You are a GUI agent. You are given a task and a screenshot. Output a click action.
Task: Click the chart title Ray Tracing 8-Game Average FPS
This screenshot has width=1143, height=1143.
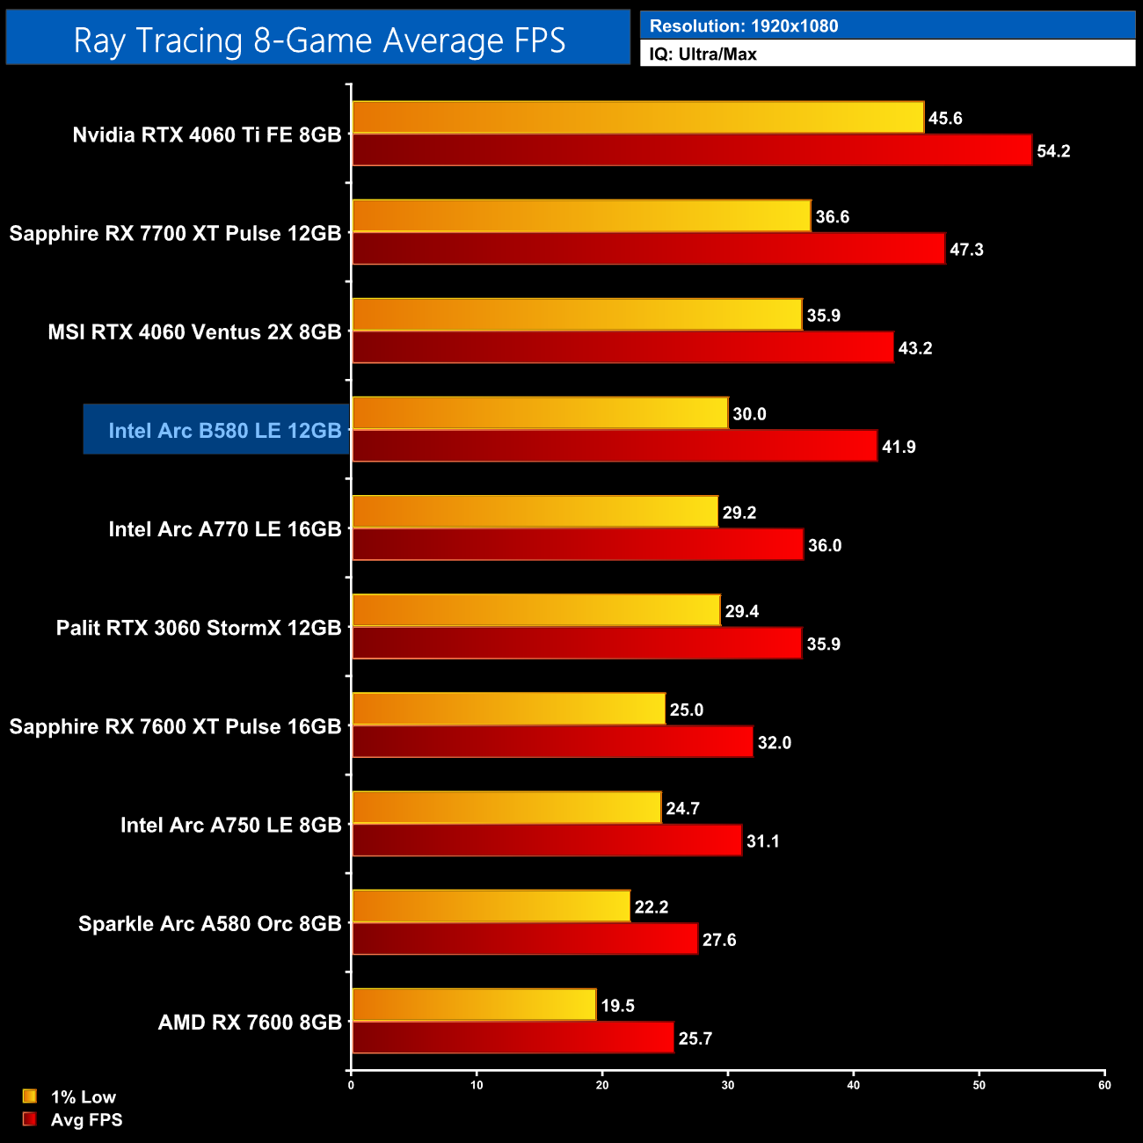318,40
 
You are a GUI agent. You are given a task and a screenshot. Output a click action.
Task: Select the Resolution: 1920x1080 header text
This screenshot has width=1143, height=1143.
744,26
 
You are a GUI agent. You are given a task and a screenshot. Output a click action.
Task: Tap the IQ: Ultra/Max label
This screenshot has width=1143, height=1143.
703,55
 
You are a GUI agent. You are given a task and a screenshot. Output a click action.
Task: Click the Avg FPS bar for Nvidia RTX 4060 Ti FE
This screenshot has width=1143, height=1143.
691,150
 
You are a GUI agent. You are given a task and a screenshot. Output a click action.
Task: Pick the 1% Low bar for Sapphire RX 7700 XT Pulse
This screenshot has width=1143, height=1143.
580,216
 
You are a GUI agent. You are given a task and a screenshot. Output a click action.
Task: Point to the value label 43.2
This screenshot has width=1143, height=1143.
915,348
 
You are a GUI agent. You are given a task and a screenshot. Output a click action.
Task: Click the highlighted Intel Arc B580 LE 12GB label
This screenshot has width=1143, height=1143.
224,430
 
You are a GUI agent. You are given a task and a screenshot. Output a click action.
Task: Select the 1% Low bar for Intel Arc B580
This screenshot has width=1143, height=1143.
540,413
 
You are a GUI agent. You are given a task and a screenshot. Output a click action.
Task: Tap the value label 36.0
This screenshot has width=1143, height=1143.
825,545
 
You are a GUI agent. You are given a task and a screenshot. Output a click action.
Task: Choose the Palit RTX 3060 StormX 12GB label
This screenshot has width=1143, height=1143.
199,628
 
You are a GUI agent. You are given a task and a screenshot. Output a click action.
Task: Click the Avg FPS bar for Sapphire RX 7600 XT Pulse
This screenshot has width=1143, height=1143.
552,742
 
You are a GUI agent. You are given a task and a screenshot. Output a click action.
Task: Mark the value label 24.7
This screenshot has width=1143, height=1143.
682,809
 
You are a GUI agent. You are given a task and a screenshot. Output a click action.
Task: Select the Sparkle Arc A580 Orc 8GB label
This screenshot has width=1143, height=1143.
209,924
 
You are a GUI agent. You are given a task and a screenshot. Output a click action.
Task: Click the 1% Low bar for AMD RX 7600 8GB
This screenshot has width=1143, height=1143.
474,1005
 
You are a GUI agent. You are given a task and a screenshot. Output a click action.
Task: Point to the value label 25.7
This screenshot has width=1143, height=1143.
695,1038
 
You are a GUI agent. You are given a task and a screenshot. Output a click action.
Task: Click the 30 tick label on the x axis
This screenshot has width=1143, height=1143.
728,1085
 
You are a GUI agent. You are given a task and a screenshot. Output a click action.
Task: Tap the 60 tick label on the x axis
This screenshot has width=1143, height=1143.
1104,1085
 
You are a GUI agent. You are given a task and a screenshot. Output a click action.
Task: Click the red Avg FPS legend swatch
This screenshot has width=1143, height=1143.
30,1119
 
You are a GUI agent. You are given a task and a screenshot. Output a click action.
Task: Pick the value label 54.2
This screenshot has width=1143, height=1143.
1053,151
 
